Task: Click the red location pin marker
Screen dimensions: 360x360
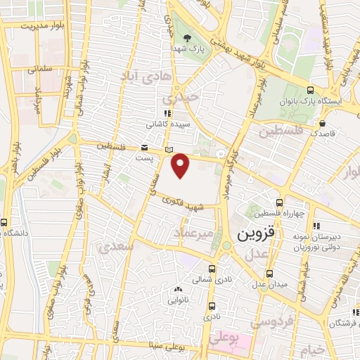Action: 181,165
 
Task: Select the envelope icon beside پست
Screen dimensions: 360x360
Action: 145,148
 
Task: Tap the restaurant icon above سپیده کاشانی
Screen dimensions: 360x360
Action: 167,112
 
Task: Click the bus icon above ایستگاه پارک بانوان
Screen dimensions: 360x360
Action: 311,89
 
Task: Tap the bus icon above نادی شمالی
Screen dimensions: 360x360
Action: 213,268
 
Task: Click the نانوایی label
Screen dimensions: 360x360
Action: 177,300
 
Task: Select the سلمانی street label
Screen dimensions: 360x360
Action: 42,70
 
